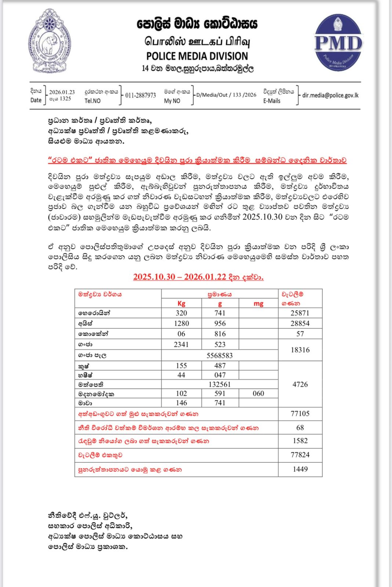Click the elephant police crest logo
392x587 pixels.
point(50,41)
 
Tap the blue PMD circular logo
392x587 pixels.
point(338,43)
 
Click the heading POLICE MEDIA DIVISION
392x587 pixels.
point(197,56)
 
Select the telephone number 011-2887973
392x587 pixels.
point(141,95)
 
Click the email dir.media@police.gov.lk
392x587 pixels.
point(330,95)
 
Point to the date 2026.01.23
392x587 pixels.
point(62,92)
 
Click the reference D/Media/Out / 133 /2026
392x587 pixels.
point(226,95)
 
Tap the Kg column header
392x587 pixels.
point(181,303)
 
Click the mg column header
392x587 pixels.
point(258,303)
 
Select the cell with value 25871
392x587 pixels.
point(300,313)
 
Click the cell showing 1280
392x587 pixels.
point(181,323)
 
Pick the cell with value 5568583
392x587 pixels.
point(219,355)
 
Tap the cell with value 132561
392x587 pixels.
point(219,384)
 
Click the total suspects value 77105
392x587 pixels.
point(300,413)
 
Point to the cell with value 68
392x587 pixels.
point(300,427)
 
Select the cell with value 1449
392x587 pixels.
point(300,469)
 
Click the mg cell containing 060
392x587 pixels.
point(258,393)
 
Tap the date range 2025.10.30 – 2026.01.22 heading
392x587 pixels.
point(198,277)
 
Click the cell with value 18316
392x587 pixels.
point(300,350)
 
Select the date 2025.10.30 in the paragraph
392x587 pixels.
point(262,217)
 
